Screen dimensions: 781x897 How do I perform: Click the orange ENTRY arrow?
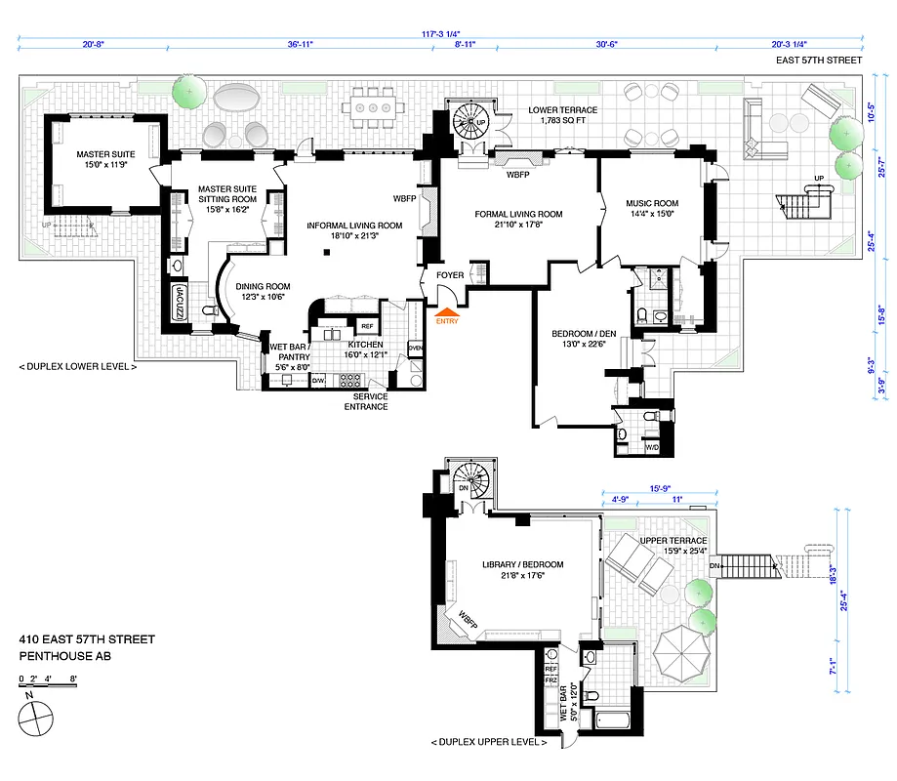tap(446, 312)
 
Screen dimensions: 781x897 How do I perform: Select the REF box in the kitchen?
tap(367, 326)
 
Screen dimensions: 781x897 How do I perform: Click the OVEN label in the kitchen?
tap(415, 349)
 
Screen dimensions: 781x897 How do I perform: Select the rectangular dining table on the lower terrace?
tap(372, 107)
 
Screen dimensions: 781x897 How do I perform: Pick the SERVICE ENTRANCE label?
tap(370, 401)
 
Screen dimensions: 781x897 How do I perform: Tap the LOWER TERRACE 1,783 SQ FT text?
tap(564, 116)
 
